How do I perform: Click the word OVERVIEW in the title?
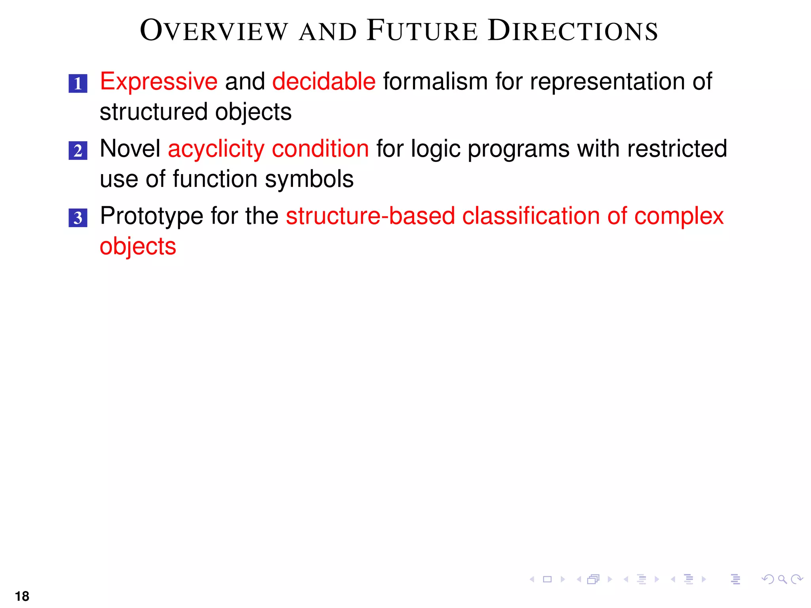coord(214,31)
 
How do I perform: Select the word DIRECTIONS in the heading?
coord(573,31)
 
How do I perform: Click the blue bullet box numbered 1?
coord(78,84)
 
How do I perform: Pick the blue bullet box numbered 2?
coord(78,151)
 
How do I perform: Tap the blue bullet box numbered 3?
coord(78,218)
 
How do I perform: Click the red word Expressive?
coord(158,82)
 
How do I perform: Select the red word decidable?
coord(324,82)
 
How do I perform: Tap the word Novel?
coord(130,149)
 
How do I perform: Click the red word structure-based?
coord(370,216)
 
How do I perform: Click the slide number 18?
coord(22,596)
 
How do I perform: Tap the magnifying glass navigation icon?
coord(782,579)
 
